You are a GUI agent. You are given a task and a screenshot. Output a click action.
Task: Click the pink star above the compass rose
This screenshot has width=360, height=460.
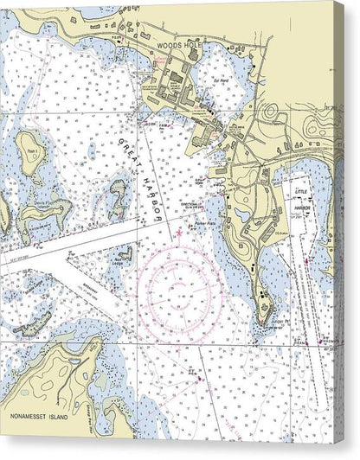click(179, 233)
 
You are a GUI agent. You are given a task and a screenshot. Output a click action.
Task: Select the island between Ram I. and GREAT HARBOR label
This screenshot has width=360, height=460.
click(115, 197)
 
